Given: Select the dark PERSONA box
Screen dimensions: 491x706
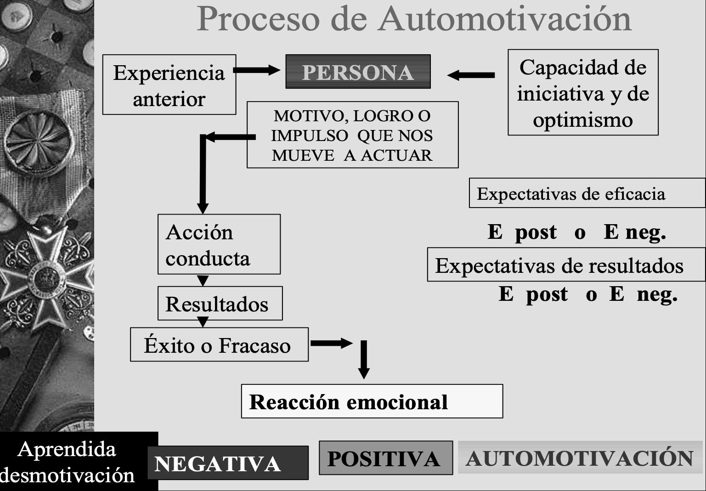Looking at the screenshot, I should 358,72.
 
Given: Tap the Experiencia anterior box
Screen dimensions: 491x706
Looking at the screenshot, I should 169,85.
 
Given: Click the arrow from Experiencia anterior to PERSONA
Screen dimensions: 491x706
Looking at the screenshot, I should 256,70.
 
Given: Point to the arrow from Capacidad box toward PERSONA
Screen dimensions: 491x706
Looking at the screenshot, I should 471,75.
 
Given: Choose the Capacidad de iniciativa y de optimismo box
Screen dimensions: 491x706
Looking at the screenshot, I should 583,93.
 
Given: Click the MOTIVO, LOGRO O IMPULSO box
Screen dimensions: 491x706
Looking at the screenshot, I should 352,135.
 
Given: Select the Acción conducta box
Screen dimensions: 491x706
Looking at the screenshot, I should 219,244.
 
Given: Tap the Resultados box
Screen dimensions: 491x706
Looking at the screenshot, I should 220,304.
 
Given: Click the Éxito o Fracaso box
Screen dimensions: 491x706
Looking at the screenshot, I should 219,345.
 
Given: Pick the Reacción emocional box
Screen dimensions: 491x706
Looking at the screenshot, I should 372,401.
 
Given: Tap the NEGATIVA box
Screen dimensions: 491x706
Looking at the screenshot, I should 228,463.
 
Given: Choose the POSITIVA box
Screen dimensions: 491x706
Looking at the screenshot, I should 385,458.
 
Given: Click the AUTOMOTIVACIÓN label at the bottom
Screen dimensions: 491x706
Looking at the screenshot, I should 580,458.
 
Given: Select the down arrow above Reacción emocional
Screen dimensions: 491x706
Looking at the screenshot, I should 364,361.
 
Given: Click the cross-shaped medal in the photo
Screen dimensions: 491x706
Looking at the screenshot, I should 46,276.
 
